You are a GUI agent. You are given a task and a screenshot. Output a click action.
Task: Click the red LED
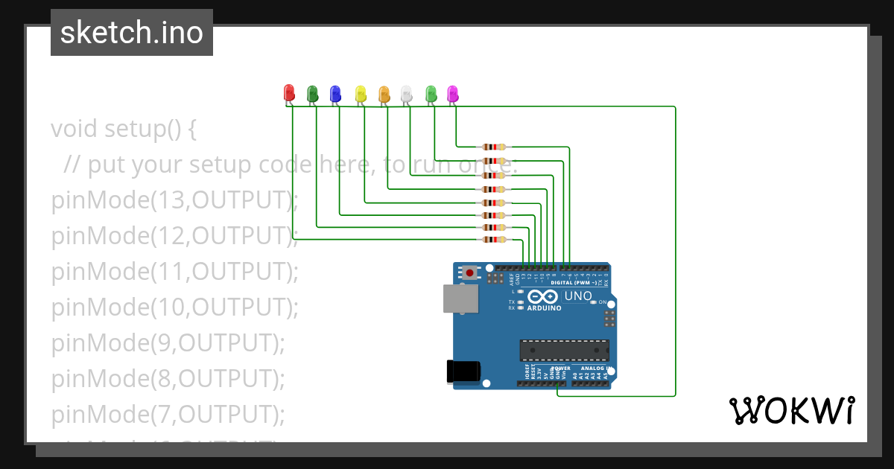[x=290, y=93]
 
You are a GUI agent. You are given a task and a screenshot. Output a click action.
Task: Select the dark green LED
[x=313, y=93]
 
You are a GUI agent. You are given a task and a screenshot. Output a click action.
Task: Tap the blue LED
[x=335, y=93]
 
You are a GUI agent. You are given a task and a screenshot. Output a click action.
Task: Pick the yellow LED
[x=361, y=93]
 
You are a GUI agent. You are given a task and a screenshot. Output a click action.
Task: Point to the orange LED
[x=384, y=93]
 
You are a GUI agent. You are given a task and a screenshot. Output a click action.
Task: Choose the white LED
[x=406, y=93]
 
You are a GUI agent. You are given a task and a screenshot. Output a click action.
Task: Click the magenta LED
[x=452, y=93]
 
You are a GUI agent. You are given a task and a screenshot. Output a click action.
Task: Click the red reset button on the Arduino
[x=470, y=273]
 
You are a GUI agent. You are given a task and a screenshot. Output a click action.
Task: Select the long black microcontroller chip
[x=564, y=350]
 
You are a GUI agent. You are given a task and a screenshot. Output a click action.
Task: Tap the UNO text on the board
[x=578, y=296]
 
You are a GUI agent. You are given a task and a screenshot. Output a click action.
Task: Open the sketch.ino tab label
[x=132, y=33]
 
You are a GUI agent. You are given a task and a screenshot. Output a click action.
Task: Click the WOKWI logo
[x=791, y=411]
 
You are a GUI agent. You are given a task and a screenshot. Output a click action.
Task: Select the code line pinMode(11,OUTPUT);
[x=174, y=271]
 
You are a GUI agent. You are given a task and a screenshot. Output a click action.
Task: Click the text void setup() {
[x=124, y=129]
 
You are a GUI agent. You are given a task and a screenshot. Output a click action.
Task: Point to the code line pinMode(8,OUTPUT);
[x=168, y=378]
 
